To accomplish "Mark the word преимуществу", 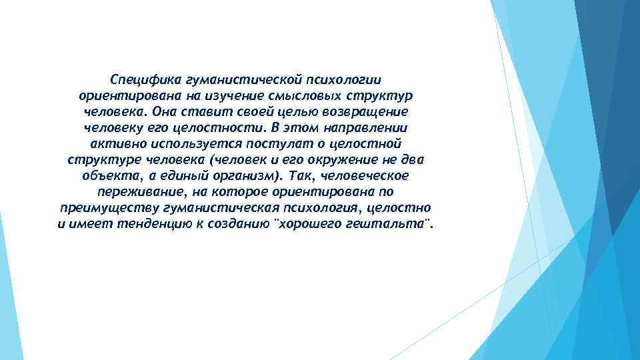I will point(101,208).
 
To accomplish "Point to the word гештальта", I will point(391,225).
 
